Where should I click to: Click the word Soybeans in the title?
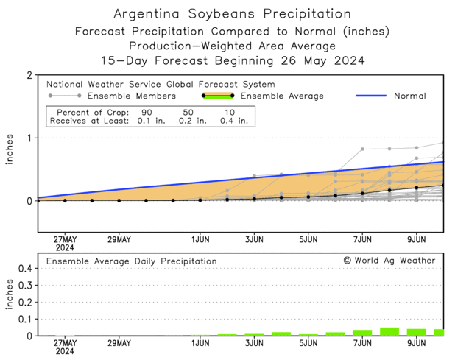(x=238, y=14)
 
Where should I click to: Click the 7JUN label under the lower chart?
(x=362, y=343)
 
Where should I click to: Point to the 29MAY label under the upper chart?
(x=119, y=239)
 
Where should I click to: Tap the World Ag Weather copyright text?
(x=389, y=261)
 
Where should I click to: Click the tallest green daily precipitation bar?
(x=389, y=331)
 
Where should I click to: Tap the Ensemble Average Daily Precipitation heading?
(x=132, y=261)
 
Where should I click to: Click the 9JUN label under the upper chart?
(x=417, y=239)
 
